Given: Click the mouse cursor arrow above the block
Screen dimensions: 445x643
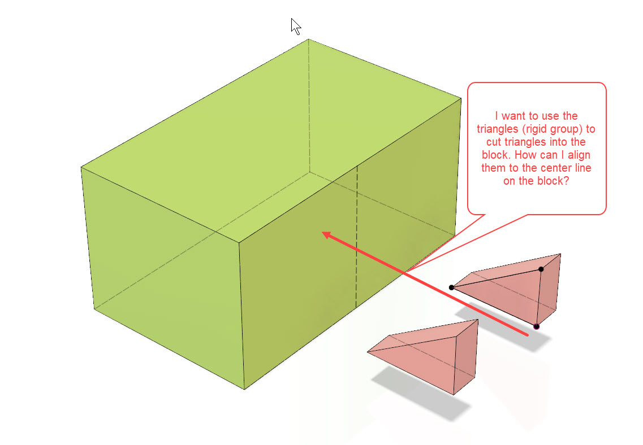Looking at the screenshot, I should (x=295, y=26).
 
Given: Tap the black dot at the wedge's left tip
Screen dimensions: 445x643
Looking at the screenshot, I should (x=451, y=287).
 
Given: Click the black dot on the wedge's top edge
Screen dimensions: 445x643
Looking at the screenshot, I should (x=541, y=269).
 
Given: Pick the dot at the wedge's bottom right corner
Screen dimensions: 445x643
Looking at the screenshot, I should (x=536, y=326).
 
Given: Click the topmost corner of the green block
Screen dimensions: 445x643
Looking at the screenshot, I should (x=309, y=39).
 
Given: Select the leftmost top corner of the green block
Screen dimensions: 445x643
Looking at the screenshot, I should (x=81, y=167).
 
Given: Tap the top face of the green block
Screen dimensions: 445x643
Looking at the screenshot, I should (x=266, y=141).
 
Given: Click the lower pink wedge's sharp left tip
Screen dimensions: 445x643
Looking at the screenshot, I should (x=368, y=352).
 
